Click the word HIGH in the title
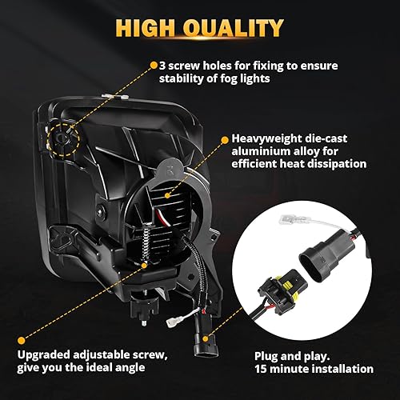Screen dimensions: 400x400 point(150,29)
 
